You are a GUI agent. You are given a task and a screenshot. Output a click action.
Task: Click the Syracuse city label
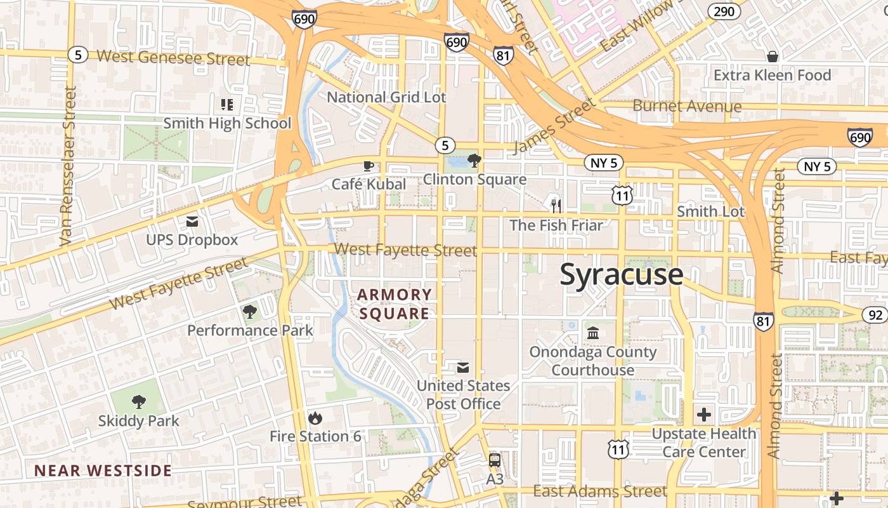(x=622, y=275)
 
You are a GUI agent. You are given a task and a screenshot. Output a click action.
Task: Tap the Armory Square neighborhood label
(x=394, y=304)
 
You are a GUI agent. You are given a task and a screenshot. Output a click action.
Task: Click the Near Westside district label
(x=103, y=471)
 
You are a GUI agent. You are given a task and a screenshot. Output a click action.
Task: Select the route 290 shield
(x=724, y=11)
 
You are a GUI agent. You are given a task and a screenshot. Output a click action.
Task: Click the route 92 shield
(x=874, y=314)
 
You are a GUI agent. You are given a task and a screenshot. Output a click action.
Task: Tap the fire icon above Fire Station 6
(x=315, y=418)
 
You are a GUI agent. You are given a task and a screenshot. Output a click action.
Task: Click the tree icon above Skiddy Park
(x=138, y=402)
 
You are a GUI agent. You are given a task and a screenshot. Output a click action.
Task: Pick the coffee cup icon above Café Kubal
(x=368, y=166)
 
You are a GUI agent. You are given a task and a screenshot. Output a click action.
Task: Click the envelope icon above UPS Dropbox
(x=192, y=222)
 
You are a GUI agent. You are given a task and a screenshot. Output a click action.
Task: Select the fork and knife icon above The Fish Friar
(x=556, y=206)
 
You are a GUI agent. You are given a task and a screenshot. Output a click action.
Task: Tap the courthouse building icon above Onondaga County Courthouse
(x=593, y=333)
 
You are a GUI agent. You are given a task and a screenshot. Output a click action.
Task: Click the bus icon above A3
(x=494, y=460)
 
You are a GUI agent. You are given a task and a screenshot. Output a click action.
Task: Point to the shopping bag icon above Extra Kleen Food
(x=772, y=57)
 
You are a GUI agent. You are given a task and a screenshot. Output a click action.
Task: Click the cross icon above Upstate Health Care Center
(x=704, y=415)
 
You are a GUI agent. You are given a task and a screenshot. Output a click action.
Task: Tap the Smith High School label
(x=227, y=123)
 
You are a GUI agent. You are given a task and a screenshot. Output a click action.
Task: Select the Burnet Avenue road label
(x=687, y=106)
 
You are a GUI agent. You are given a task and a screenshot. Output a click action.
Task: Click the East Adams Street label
(x=599, y=491)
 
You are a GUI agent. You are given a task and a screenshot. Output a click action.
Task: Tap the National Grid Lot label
(x=386, y=97)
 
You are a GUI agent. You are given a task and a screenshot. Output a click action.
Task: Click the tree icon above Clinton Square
(x=474, y=160)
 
